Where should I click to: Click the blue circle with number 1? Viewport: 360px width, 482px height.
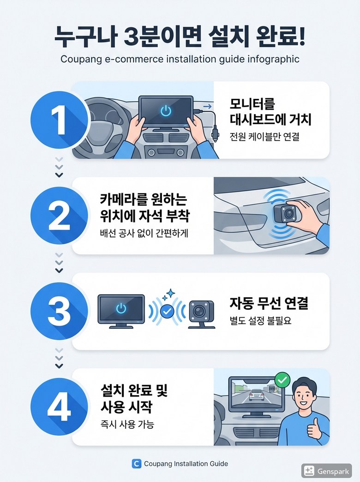point(59,120)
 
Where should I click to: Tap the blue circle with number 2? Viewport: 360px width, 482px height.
point(59,216)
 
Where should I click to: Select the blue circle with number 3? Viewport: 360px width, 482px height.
point(59,311)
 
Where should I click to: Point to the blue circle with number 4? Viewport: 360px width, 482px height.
point(59,407)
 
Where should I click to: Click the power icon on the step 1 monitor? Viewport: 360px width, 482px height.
point(166,110)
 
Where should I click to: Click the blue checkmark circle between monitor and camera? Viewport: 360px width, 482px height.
point(167,312)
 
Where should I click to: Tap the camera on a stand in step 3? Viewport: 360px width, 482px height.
point(201,314)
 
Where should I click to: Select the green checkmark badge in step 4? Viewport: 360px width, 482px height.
point(282,380)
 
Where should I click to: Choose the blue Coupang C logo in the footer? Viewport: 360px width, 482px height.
point(136,464)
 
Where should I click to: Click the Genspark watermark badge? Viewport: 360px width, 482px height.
point(326,471)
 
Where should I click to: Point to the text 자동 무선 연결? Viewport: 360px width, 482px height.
point(269,303)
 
